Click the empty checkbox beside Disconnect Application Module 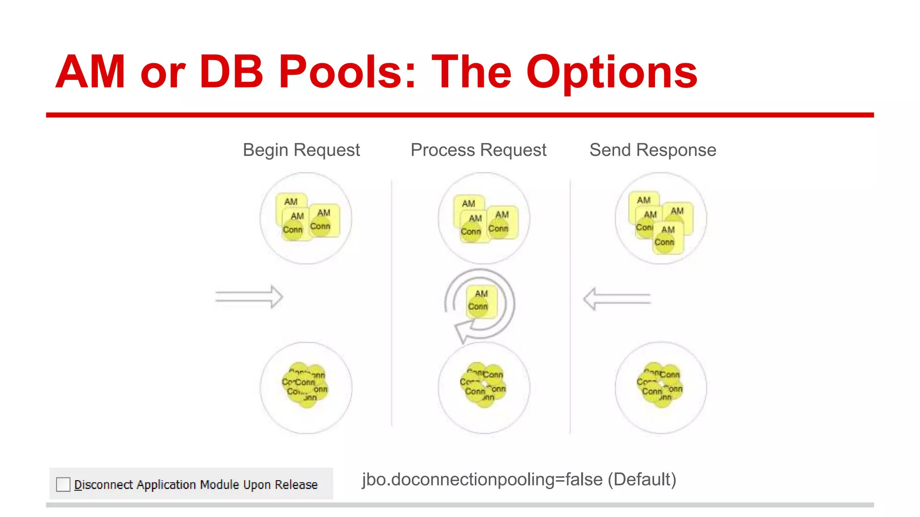[63, 484]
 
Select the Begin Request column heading [301, 150]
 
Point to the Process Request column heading [478, 150]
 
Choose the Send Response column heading [652, 150]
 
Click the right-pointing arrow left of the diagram [249, 297]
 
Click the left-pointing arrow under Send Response [617, 299]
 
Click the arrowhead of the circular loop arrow [463, 332]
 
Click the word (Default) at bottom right [642, 479]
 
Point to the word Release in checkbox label [296, 485]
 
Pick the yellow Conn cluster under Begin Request [305, 386]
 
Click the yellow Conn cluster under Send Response [660, 385]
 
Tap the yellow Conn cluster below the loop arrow [483, 385]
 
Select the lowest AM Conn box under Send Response [668, 237]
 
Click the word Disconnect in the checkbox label [103, 485]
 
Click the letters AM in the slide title [90, 72]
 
